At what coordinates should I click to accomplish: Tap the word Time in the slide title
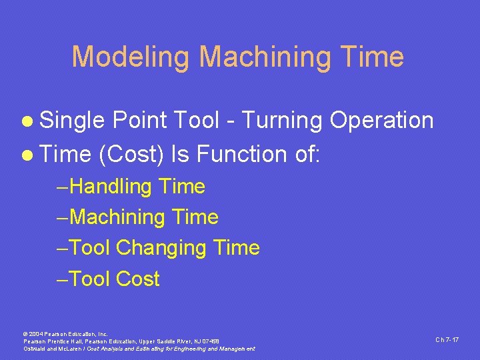click(x=374, y=57)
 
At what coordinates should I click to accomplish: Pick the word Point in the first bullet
click(x=142, y=121)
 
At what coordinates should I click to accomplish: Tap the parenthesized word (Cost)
click(x=131, y=154)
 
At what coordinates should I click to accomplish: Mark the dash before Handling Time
click(x=63, y=187)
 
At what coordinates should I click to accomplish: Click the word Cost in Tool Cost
click(x=138, y=279)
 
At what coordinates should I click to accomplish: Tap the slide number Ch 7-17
click(x=447, y=339)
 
